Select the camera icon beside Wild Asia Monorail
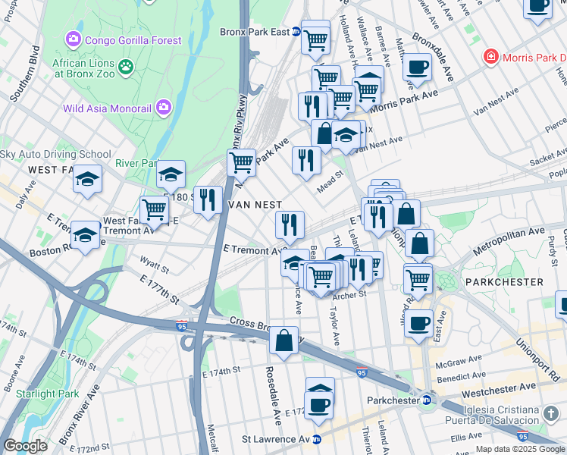(163, 108)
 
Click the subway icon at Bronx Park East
(297, 32)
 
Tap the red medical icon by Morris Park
(491, 58)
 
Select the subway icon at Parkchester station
(426, 400)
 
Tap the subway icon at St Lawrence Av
(317, 439)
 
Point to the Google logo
(25, 445)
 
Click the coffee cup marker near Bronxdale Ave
(417, 67)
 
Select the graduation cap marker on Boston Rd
(85, 235)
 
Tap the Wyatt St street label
(154, 262)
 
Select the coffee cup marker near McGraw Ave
(418, 323)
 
